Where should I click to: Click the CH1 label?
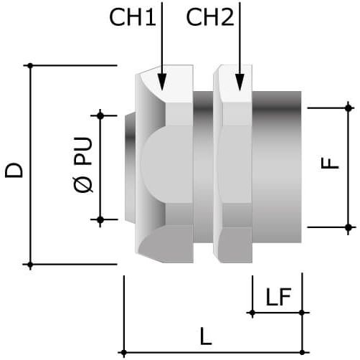(133, 17)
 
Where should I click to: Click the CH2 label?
(210, 17)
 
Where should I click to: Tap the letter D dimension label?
(14, 170)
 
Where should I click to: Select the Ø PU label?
(83, 165)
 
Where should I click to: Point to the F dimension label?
(330, 164)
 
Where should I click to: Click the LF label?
(278, 297)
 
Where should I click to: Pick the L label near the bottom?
(206, 336)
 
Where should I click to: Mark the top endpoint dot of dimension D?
(30, 65)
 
